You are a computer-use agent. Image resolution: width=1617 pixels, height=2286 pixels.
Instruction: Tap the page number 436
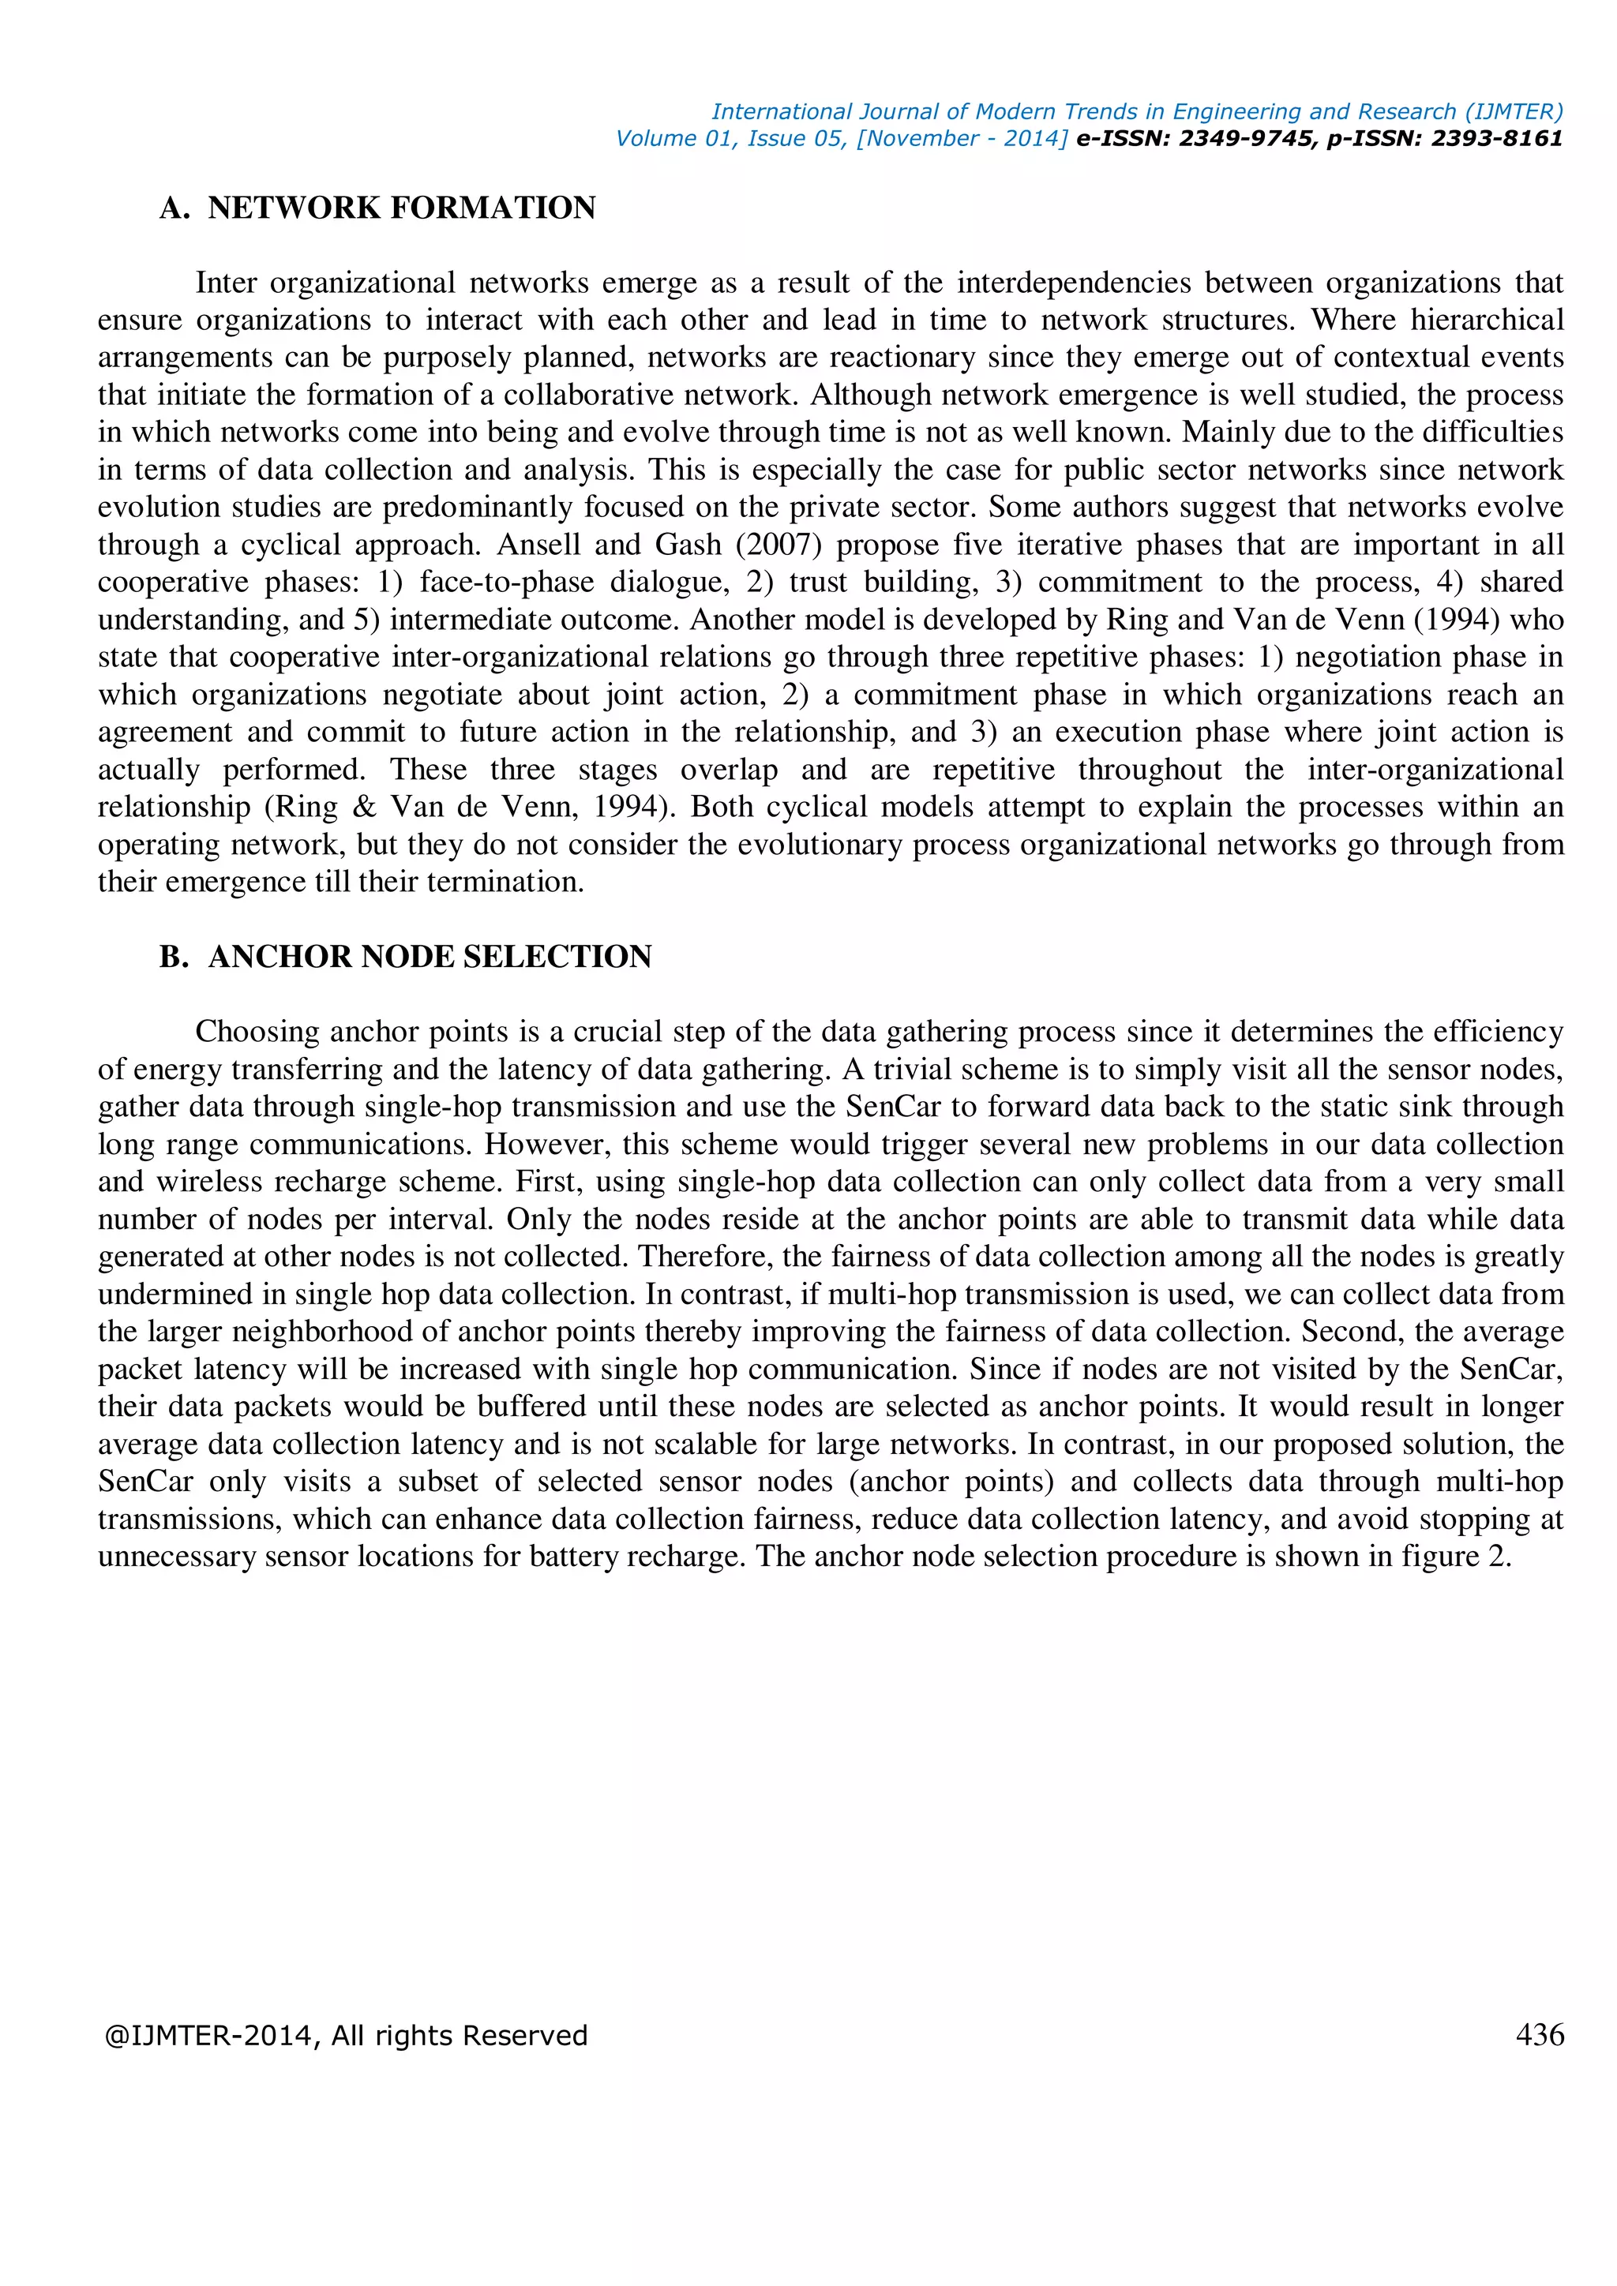1540,2034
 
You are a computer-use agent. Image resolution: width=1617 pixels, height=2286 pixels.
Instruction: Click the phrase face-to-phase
507,582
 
